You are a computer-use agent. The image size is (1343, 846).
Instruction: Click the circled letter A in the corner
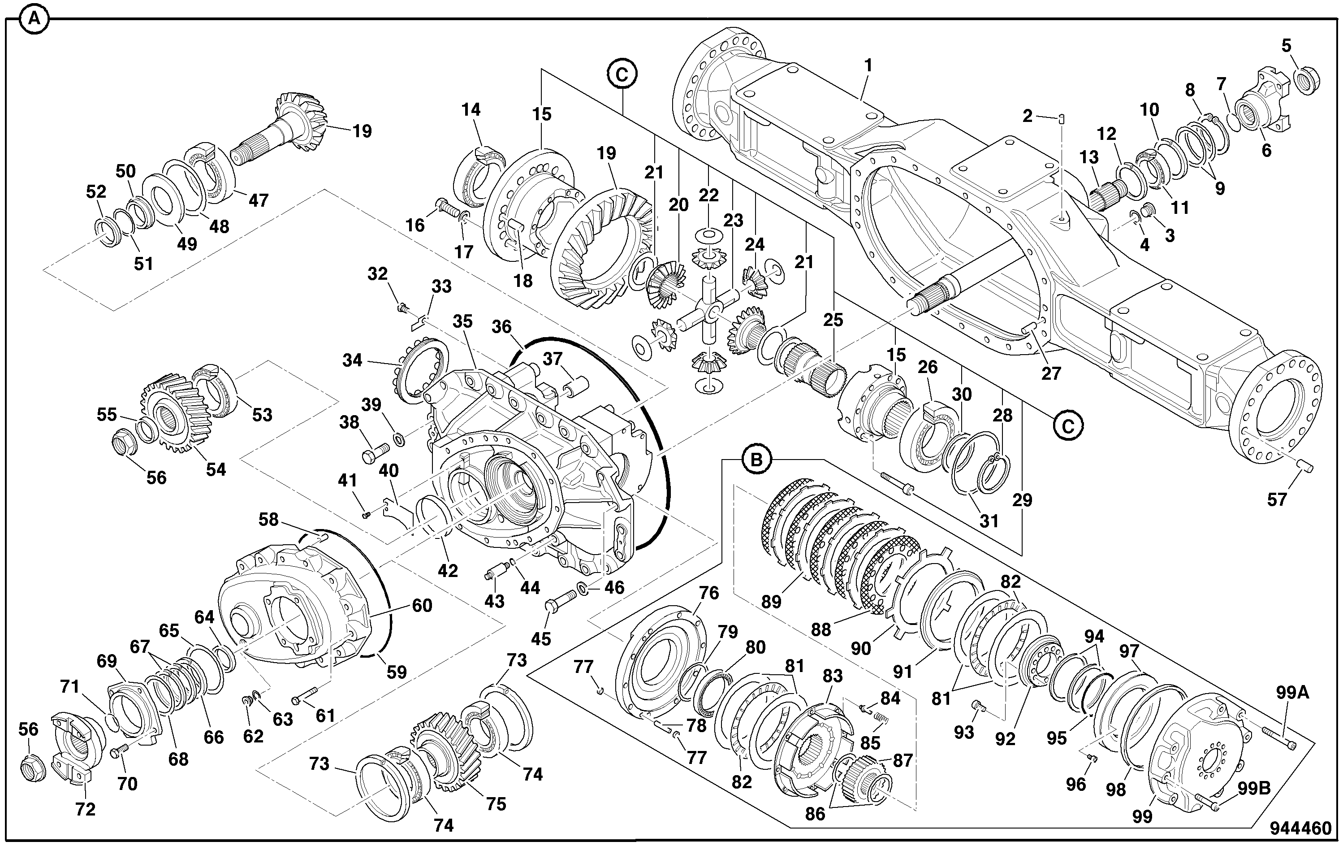click(34, 19)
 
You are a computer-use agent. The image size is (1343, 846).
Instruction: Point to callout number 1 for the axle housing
click(868, 66)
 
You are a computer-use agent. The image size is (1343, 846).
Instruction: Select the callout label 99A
click(1292, 693)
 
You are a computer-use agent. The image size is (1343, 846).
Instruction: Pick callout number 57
click(1277, 499)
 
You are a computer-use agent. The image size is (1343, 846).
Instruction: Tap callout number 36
click(501, 326)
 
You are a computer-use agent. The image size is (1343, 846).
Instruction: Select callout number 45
click(541, 638)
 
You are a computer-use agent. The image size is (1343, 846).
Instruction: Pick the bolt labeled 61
click(304, 696)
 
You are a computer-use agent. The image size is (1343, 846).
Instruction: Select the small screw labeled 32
click(403, 307)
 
